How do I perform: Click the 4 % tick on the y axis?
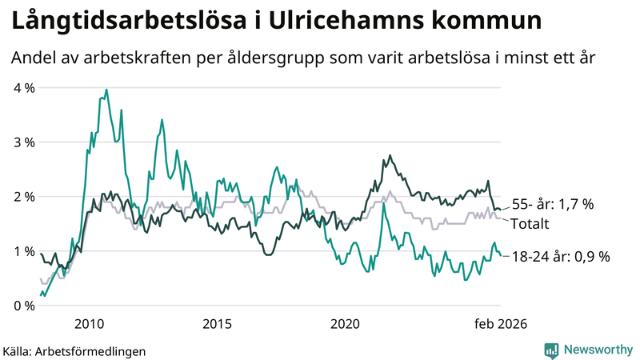[x=24, y=87]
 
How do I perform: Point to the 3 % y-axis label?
[x=24, y=142]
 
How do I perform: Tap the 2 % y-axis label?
[x=24, y=196]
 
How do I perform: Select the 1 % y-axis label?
[x=24, y=250]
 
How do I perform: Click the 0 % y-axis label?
[x=24, y=305]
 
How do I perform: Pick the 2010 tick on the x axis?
[x=89, y=323]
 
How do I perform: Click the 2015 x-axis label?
[x=217, y=323]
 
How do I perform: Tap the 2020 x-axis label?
[x=345, y=323]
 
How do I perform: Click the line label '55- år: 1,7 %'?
[x=552, y=204]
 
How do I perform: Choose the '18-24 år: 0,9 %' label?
[x=560, y=257]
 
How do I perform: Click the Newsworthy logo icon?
[x=551, y=349]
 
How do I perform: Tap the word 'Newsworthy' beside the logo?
[x=598, y=349]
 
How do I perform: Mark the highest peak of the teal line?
[x=106, y=90]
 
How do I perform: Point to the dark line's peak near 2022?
[x=390, y=155]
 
